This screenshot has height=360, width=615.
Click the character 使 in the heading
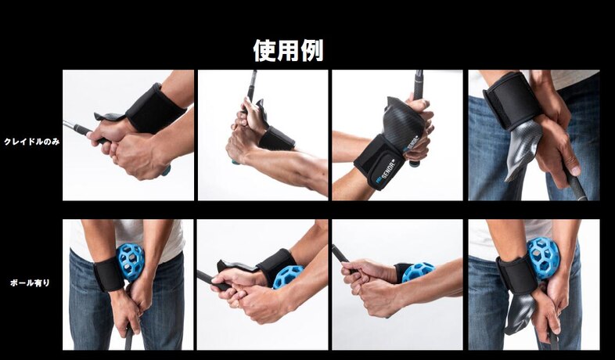(264, 50)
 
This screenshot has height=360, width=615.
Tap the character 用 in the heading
(288, 50)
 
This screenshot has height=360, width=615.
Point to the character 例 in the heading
(312, 50)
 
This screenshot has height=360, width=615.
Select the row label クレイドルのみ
(32, 142)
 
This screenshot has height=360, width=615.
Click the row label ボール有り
(31, 283)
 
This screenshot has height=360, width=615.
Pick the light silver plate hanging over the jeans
(523, 149)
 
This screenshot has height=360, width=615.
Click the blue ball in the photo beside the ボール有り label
(131, 262)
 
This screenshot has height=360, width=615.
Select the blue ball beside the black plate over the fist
(287, 276)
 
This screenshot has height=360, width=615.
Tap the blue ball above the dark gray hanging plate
(543, 257)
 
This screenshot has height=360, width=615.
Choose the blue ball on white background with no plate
(418, 272)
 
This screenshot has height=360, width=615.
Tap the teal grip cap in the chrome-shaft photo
(167, 170)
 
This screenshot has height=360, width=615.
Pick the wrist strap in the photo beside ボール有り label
(108, 274)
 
